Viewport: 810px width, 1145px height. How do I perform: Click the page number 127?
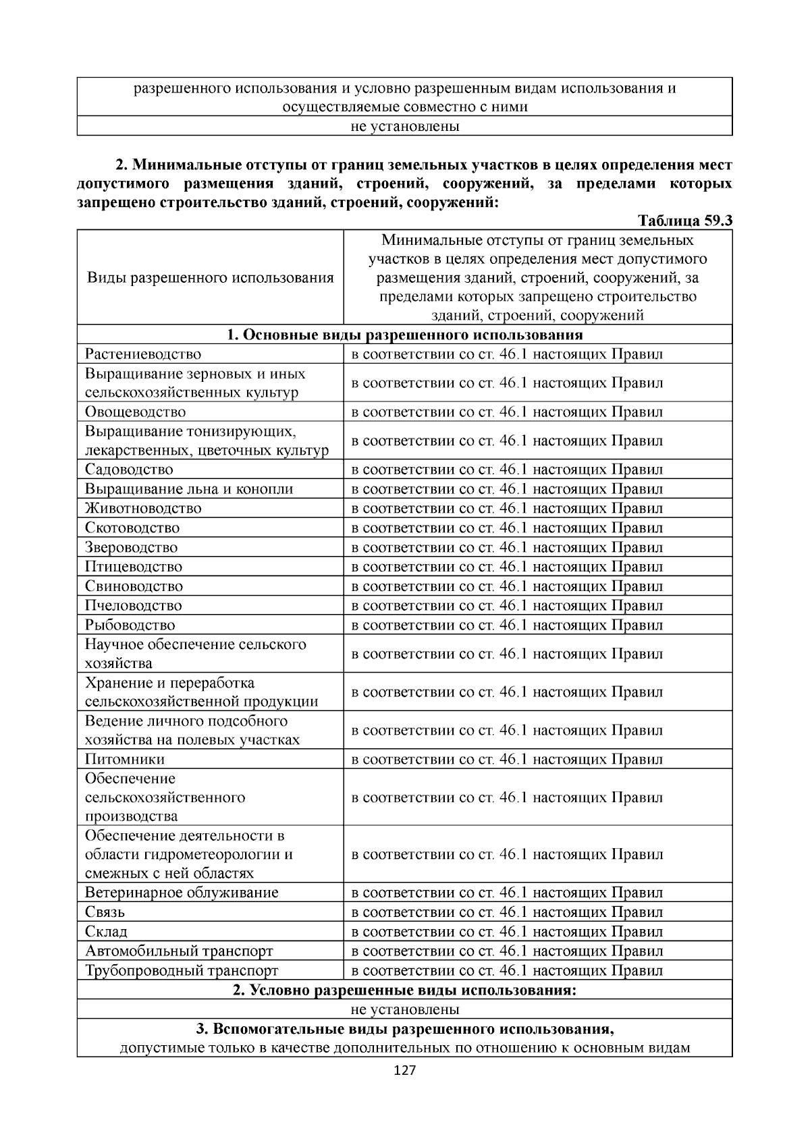404,1071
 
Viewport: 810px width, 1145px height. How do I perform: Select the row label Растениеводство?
143,354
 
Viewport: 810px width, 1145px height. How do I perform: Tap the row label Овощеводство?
136,412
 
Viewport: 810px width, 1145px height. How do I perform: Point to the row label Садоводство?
129,470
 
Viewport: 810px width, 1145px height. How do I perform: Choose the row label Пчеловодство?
134,605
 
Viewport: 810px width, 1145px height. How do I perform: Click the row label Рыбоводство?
130,625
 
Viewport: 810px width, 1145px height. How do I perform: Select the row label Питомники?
125,759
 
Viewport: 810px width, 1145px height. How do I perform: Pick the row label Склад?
106,932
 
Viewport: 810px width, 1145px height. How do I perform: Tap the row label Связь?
105,912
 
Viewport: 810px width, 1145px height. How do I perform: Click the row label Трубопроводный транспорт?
182,971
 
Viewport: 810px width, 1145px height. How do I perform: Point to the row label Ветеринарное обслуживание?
182,893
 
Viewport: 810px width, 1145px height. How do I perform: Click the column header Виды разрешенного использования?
211,278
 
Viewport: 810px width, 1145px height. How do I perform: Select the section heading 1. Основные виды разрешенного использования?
404,335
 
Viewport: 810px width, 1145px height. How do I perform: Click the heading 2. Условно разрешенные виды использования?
404,990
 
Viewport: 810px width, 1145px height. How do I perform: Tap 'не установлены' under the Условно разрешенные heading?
404,1009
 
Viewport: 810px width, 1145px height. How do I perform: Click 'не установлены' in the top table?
404,126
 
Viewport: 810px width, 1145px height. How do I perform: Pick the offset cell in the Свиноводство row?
507,586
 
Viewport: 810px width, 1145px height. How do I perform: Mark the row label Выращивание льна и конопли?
189,489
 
